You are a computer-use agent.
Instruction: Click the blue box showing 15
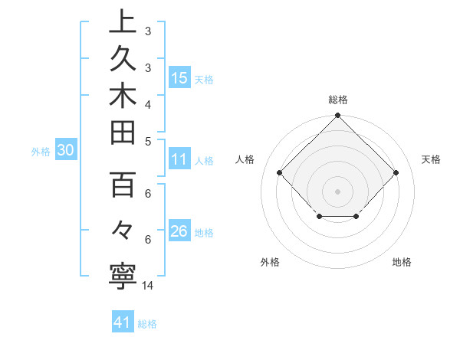tap(179, 78)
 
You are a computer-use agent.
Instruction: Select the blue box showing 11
tap(179, 160)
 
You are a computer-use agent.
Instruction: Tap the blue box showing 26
tap(179, 231)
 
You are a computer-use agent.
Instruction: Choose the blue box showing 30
tap(66, 151)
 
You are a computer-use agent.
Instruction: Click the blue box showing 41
tap(122, 322)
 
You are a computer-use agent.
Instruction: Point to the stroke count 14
tap(148, 286)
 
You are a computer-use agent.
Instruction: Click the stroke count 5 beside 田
tap(148, 140)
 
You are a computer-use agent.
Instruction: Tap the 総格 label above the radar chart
tap(337, 100)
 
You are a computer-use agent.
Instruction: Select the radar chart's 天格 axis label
tap(432, 159)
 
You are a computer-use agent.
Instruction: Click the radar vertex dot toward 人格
tap(280, 173)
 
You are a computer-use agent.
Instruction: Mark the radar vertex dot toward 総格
tap(337, 116)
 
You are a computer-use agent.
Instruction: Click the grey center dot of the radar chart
tap(337, 191)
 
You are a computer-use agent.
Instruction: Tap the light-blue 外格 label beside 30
tap(41, 152)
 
